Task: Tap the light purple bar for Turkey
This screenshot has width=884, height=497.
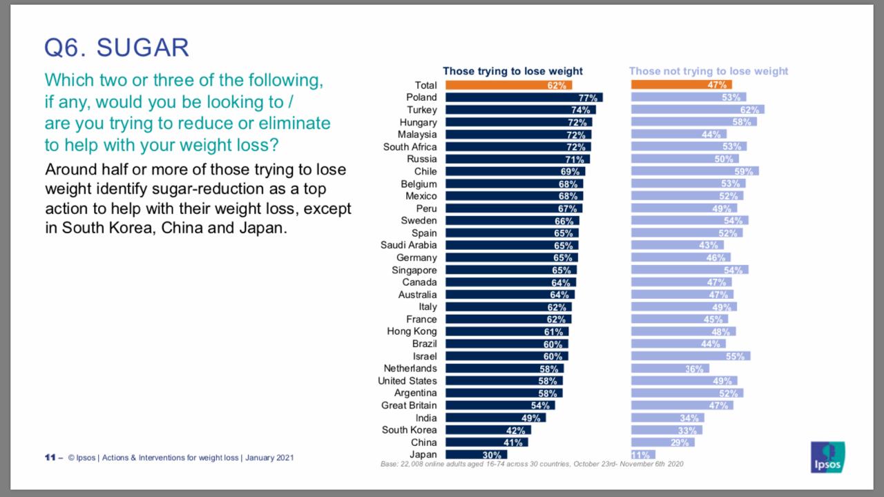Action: coord(697,110)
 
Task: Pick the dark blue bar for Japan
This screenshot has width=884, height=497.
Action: coord(476,455)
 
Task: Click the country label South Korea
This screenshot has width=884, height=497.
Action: coord(409,430)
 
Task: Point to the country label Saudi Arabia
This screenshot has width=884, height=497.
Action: coord(408,245)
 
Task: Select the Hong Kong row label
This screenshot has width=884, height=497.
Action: coord(412,331)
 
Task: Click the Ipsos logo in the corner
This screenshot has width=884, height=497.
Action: coord(827,457)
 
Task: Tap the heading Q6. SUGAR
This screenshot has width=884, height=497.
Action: coord(117,48)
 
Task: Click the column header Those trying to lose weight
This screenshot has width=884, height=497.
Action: coord(512,71)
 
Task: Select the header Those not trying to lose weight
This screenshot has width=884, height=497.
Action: coord(708,71)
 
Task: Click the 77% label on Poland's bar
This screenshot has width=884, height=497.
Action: coord(588,98)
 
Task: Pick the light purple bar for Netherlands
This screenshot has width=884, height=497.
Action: coord(669,369)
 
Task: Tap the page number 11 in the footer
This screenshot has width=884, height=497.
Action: coord(50,458)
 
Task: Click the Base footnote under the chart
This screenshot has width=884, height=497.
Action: coord(532,465)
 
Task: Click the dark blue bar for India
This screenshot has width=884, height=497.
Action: coord(495,418)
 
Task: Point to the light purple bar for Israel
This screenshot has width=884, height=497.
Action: coord(690,356)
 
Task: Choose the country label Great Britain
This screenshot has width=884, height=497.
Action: coord(409,405)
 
